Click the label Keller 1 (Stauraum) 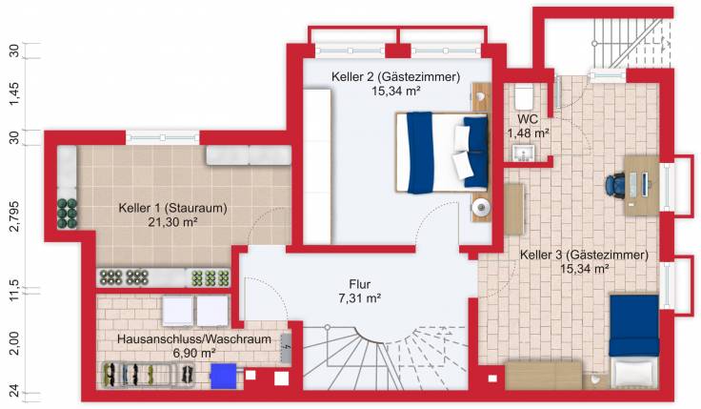[x=171, y=207]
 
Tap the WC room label [x=528, y=119]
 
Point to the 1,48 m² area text [x=528, y=133]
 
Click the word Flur [x=359, y=284]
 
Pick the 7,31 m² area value [x=359, y=298]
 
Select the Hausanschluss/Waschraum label [x=193, y=339]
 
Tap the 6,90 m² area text [x=193, y=353]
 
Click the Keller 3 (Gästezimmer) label [x=584, y=255]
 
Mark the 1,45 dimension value [x=13, y=92]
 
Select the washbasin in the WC [x=522, y=153]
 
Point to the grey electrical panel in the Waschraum [x=286, y=350]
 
